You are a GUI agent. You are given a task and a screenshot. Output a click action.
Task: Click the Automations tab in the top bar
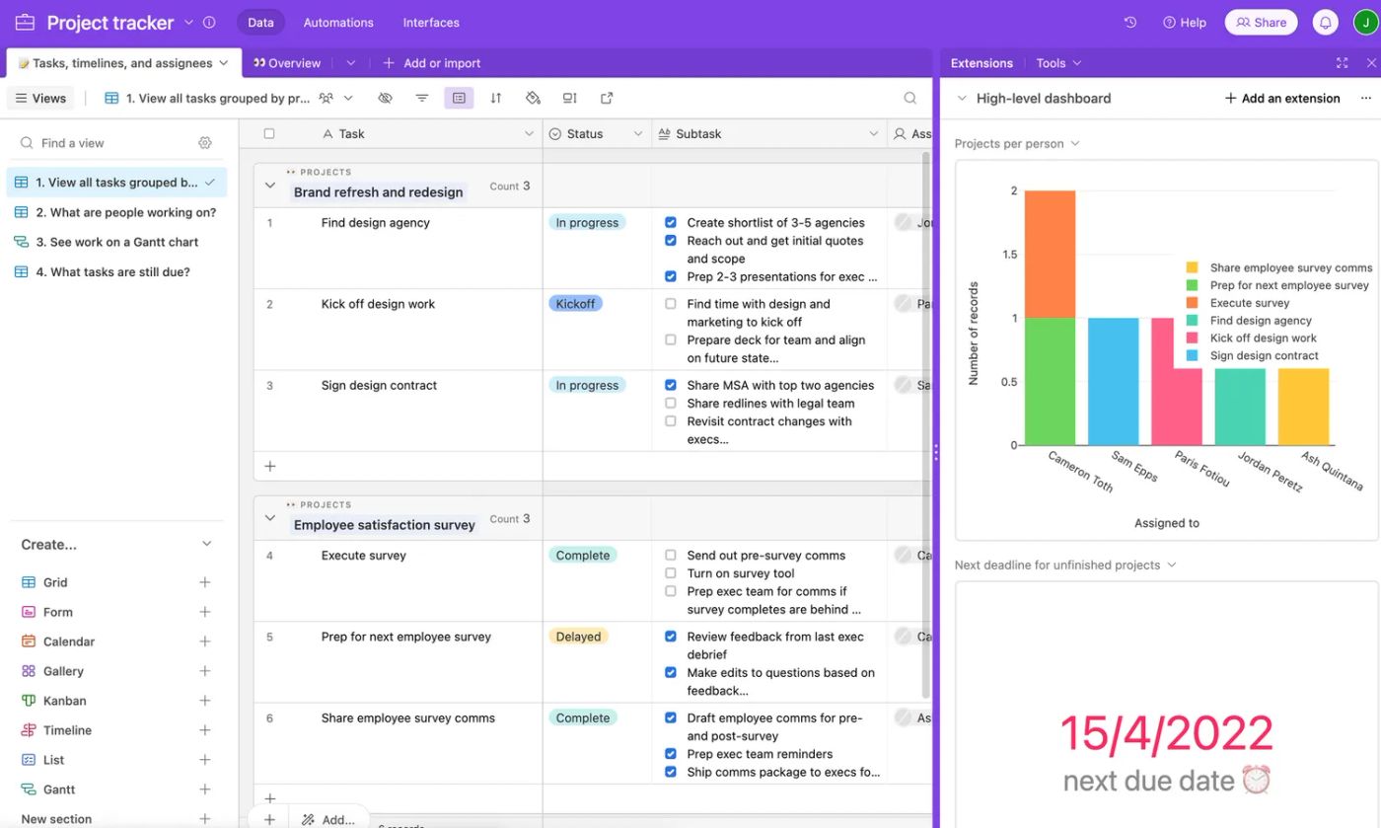tap(338, 22)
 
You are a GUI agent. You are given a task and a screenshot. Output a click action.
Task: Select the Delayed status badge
tap(578, 637)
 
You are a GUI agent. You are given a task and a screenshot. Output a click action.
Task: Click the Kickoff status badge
tap(575, 304)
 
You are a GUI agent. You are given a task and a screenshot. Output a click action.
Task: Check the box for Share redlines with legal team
tap(671, 403)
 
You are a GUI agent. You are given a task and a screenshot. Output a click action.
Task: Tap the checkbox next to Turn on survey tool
tap(671, 573)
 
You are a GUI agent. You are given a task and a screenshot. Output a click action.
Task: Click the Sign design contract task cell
tap(379, 386)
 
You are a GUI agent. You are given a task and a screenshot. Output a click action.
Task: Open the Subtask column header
tap(698, 133)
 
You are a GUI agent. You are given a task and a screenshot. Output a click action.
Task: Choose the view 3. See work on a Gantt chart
tap(116, 242)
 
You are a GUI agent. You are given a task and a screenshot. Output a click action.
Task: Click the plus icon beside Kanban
tap(205, 701)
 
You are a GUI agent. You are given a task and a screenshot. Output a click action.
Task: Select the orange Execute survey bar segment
tap(1050, 254)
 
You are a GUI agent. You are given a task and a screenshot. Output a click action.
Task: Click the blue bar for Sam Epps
tap(1113, 381)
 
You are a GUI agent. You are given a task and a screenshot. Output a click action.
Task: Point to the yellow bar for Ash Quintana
tap(1303, 406)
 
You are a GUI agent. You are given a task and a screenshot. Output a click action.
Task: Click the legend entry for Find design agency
tap(1261, 321)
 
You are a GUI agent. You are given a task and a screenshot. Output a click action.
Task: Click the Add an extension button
tap(1281, 98)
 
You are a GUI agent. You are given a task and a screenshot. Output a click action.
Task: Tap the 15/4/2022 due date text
tap(1166, 732)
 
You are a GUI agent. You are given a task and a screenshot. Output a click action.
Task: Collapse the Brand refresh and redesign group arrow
tap(270, 186)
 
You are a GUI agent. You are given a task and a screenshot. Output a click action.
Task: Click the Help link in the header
tap(1185, 22)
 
